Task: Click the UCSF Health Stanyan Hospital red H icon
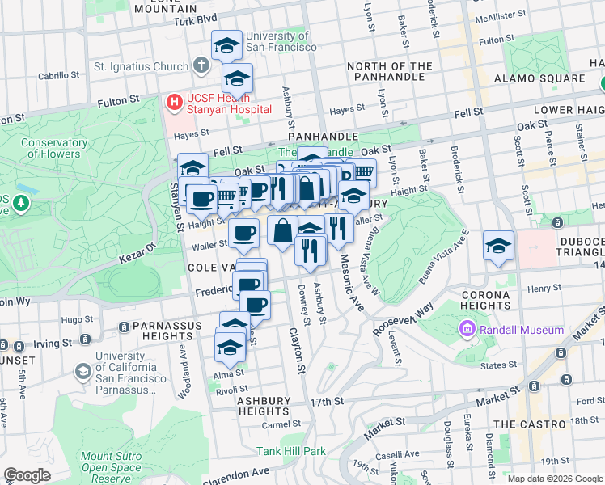click(173, 101)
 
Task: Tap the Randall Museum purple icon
click(467, 330)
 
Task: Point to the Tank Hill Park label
click(291, 451)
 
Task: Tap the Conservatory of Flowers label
click(54, 148)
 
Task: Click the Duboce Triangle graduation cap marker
click(499, 246)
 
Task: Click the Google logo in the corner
click(27, 474)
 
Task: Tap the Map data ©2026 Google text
click(554, 479)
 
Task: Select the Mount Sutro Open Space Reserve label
click(112, 467)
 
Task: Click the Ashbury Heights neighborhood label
click(264, 406)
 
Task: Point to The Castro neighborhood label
click(530, 424)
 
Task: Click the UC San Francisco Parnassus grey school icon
click(82, 371)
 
